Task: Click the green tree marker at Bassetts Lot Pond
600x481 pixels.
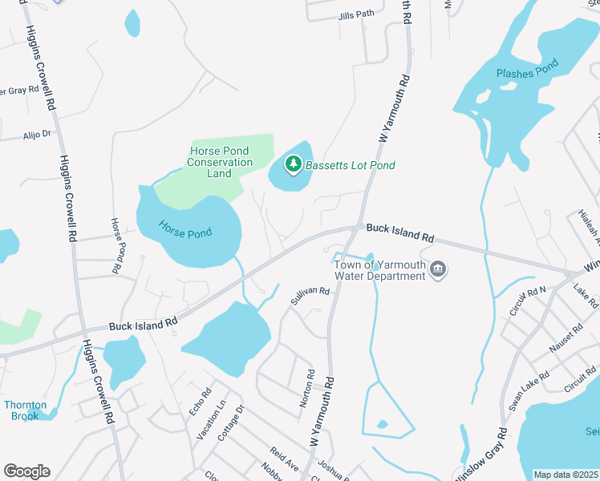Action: click(x=294, y=165)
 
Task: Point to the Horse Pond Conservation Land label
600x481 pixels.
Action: click(x=220, y=162)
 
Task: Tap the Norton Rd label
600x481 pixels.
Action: click(x=306, y=389)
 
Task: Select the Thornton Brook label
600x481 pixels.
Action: click(x=25, y=410)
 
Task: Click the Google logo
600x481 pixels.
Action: click(x=26, y=471)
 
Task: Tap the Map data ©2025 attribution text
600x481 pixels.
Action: click(x=566, y=475)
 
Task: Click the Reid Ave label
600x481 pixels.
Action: click(x=284, y=460)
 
